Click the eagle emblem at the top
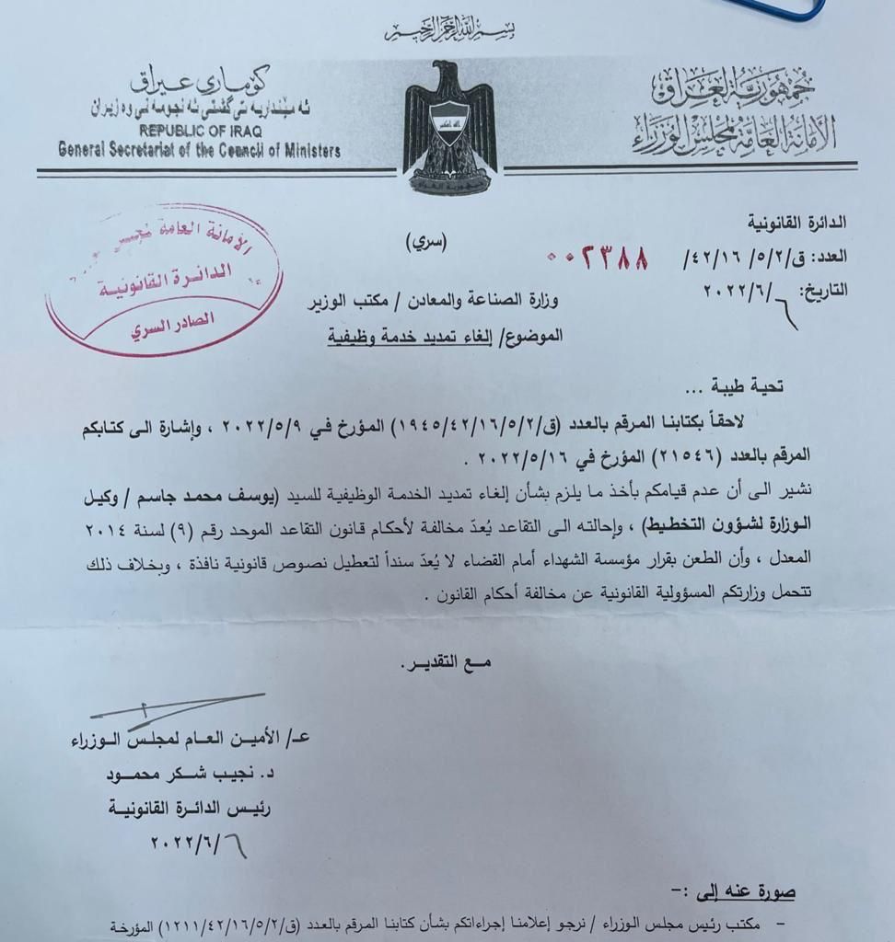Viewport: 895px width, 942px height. pyautogui.click(x=448, y=128)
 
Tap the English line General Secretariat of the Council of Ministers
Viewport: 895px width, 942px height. pyautogui.click(x=199, y=150)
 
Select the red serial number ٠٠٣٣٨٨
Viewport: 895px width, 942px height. pyautogui.click(x=598, y=254)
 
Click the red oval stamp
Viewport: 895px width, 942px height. pyautogui.click(x=165, y=281)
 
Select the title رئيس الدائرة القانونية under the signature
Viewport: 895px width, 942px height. pyautogui.click(x=202, y=808)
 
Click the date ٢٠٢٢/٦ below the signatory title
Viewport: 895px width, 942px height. pyautogui.click(x=198, y=843)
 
